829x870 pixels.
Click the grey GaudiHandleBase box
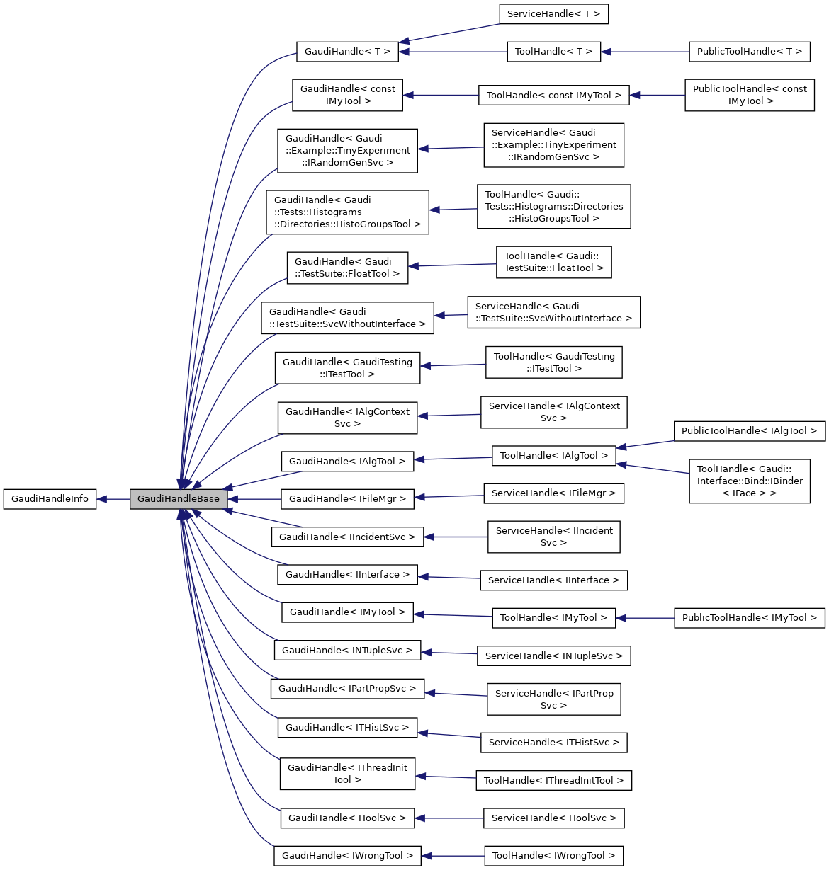click(179, 499)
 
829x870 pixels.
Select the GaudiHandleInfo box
click(50, 499)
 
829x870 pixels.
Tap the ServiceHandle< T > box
click(553, 14)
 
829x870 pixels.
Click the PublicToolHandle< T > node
click(749, 52)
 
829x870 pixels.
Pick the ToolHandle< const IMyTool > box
click(553, 96)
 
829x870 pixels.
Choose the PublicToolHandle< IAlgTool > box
click(749, 431)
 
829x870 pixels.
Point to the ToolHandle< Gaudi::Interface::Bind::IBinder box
click(749, 481)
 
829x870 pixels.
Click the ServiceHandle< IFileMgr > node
click(553, 493)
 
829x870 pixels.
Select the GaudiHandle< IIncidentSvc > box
click(347, 537)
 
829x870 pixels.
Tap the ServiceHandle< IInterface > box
click(553, 580)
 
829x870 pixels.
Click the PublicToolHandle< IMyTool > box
click(749, 618)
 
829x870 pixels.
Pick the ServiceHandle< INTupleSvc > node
click(553, 656)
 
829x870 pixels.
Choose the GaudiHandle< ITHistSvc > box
click(347, 728)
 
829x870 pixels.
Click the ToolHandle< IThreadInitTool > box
click(553, 781)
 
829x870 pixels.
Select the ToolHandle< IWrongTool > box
click(553, 856)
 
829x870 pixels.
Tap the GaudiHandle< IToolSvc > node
click(347, 818)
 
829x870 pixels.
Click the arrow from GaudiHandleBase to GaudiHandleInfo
click(113, 499)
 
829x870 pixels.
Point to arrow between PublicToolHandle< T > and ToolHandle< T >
click(645, 52)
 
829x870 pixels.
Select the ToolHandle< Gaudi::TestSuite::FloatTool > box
click(553, 263)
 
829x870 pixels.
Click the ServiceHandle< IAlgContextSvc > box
click(553, 413)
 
